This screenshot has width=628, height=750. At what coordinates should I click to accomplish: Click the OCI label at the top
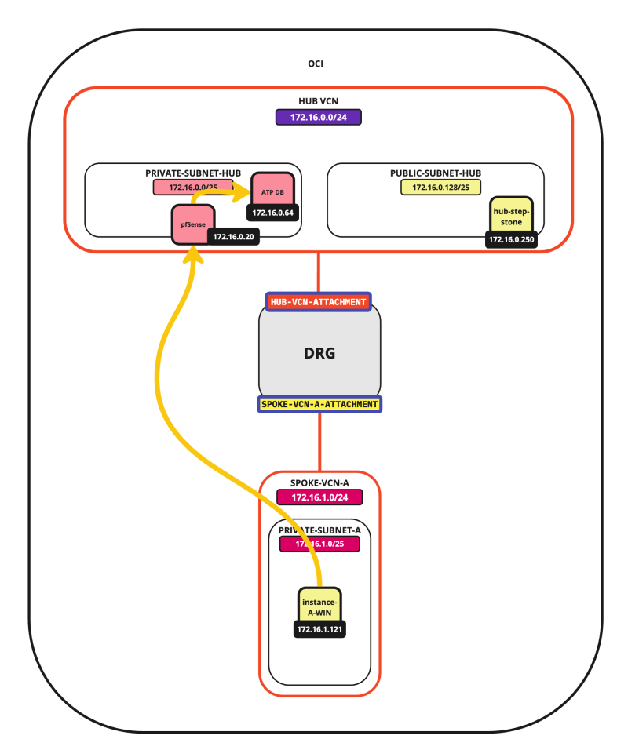click(x=316, y=64)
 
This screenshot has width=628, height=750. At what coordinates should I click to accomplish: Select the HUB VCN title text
click(x=318, y=102)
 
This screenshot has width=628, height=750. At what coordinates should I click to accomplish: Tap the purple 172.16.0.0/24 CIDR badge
click(x=318, y=117)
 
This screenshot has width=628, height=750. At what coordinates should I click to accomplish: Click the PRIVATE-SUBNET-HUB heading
click(x=192, y=173)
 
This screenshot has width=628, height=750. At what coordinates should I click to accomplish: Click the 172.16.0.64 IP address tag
click(x=272, y=213)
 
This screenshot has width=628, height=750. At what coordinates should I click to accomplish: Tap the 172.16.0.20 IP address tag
click(x=233, y=236)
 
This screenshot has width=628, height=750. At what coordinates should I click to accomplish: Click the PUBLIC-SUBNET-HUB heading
click(x=435, y=173)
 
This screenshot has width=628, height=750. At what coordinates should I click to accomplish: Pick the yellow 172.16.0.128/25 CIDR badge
click(x=435, y=187)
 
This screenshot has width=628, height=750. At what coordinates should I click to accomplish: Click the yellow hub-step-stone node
click(x=512, y=216)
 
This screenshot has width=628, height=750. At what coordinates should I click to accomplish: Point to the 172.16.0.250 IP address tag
click(x=511, y=240)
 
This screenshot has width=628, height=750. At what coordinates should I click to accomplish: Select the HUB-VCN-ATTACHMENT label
click(x=318, y=301)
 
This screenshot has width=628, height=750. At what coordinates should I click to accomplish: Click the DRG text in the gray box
click(x=319, y=353)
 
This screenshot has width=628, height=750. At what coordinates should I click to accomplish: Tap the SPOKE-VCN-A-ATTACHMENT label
click(x=319, y=404)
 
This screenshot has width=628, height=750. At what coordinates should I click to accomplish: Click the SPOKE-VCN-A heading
click(x=319, y=482)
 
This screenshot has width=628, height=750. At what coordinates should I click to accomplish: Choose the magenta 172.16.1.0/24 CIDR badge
click(x=319, y=497)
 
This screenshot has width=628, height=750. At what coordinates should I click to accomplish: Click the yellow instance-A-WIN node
click(x=320, y=606)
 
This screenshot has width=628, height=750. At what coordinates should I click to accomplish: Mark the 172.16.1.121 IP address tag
click(x=320, y=629)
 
